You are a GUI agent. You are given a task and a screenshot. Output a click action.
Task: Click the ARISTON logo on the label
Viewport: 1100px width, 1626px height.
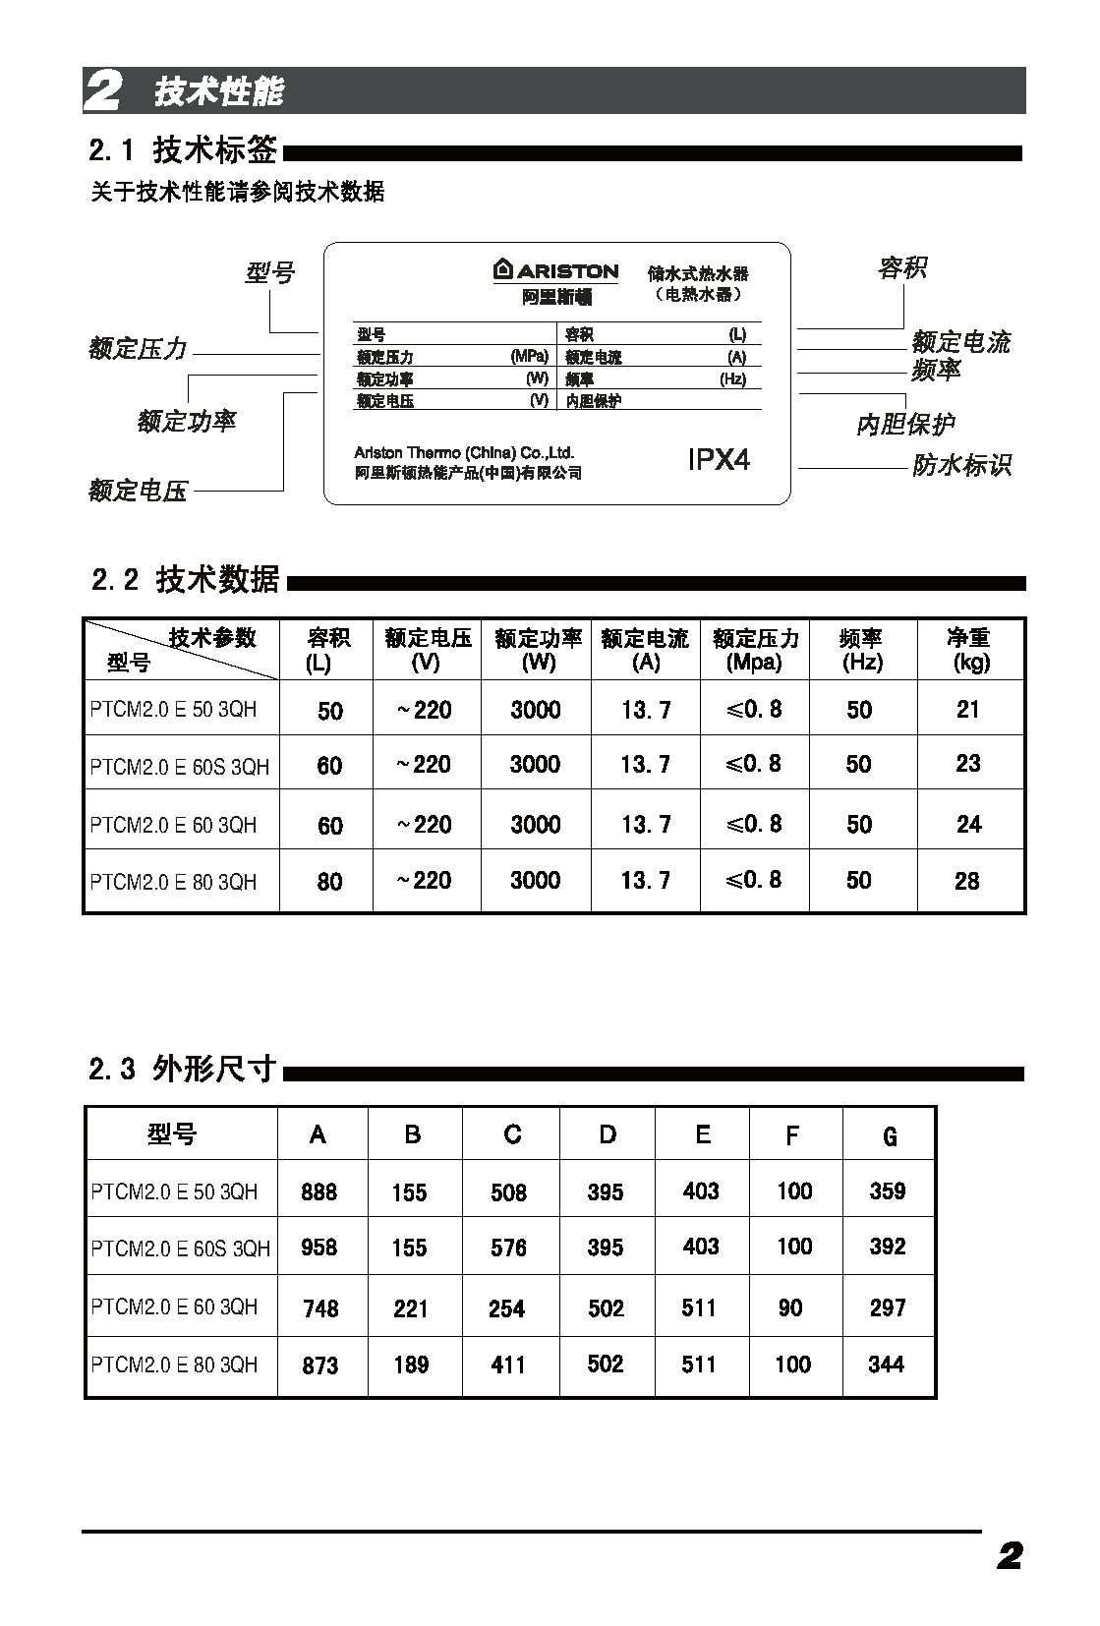pyautogui.click(x=555, y=270)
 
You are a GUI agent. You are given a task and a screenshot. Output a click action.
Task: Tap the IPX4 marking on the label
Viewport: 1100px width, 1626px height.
pyautogui.click(x=719, y=459)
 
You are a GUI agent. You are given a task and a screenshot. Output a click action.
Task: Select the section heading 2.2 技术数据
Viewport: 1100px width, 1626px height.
pyautogui.click(x=186, y=579)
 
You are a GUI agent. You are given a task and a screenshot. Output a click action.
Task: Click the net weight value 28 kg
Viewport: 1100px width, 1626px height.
pyautogui.click(x=967, y=881)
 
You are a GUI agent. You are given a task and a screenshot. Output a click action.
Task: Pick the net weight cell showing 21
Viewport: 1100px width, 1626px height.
pyautogui.click(x=968, y=709)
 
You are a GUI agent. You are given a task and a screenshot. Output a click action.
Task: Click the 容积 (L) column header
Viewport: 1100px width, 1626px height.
pyautogui.click(x=327, y=650)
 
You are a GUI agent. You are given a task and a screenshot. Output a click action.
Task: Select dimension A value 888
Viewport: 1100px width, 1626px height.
pyautogui.click(x=319, y=1191)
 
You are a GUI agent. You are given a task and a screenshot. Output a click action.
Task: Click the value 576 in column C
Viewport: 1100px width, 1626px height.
pyautogui.click(x=508, y=1248)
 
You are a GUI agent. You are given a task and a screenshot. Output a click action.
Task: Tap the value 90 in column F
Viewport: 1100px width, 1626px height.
pyautogui.click(x=790, y=1307)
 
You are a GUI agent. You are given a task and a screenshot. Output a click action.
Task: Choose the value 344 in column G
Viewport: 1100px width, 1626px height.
pyautogui.click(x=886, y=1364)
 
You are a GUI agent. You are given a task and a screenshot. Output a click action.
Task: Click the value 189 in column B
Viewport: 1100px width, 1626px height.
pyautogui.click(x=411, y=1365)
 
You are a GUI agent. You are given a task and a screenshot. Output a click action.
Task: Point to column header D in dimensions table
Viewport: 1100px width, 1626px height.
pyautogui.click(x=608, y=1134)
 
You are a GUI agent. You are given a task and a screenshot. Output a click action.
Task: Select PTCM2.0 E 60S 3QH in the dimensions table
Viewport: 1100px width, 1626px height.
pyautogui.click(x=180, y=1249)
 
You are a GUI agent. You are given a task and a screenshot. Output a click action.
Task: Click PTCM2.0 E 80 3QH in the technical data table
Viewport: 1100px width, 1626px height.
pyautogui.click(x=173, y=882)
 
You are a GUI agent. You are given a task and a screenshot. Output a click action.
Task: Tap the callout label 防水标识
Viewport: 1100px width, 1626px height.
pyautogui.click(x=961, y=465)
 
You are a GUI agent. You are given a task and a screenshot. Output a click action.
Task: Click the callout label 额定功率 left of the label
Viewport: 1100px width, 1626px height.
pyautogui.click(x=187, y=422)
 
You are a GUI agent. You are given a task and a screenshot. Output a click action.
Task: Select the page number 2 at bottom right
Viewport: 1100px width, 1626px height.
pyautogui.click(x=1010, y=1556)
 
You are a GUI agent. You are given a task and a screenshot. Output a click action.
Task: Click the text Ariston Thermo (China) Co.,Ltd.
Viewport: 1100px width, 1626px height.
pyautogui.click(x=464, y=453)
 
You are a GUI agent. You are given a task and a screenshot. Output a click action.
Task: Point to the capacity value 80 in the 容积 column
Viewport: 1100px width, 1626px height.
pyautogui.click(x=329, y=882)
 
